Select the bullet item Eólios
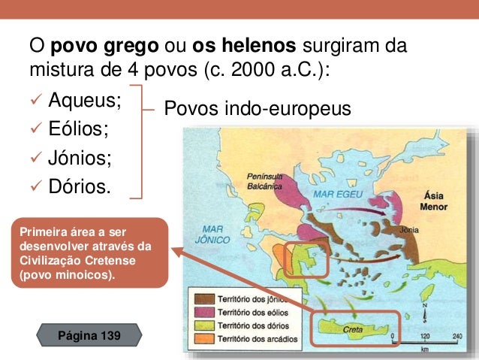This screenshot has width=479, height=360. click(78, 129)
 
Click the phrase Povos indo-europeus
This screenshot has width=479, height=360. click(257, 110)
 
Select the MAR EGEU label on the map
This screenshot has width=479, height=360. click(336, 192)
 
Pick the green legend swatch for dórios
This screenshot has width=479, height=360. click(202, 325)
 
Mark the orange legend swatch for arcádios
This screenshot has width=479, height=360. click(202, 339)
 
